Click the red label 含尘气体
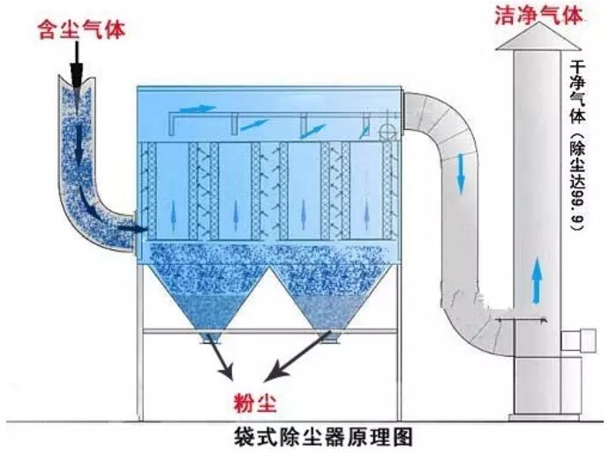80,31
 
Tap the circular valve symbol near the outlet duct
385,130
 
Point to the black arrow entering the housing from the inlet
132,228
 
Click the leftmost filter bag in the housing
150,190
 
